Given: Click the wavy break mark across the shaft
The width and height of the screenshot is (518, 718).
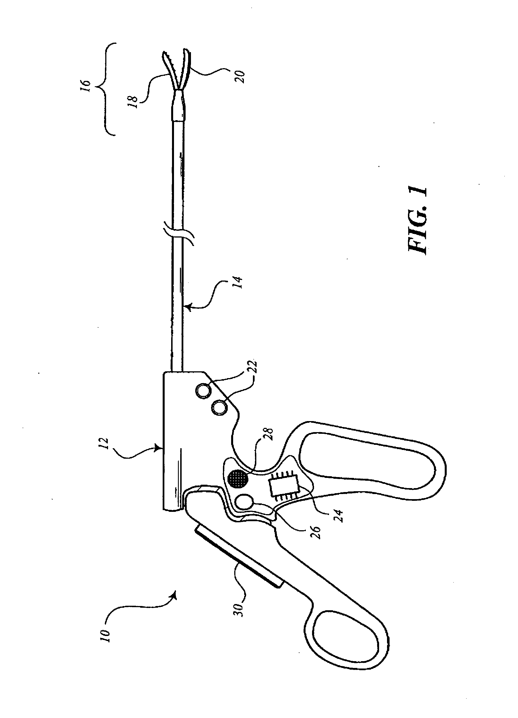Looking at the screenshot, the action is pos(179,234).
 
